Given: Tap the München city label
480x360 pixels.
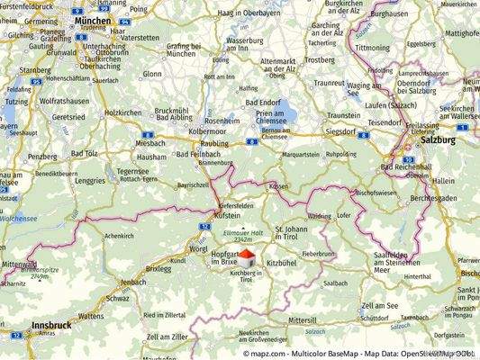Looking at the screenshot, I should (94, 19).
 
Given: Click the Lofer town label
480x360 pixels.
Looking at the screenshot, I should (343, 217).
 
